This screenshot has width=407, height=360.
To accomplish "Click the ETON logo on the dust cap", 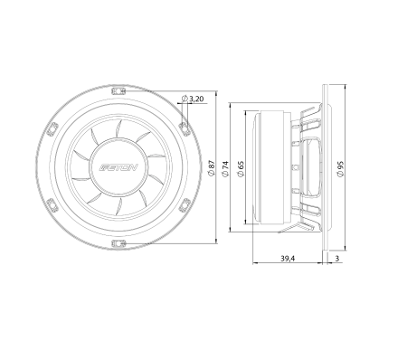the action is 118,167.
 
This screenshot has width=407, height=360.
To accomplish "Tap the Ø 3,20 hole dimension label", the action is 193,99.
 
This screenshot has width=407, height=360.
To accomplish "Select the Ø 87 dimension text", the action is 212,167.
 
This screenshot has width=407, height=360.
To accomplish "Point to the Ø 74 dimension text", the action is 225,168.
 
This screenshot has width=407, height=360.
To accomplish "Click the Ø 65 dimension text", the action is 241,168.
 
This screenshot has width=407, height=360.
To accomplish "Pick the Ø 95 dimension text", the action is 340,168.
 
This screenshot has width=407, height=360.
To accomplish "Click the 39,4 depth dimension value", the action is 288,259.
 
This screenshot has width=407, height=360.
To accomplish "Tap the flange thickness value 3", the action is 337,259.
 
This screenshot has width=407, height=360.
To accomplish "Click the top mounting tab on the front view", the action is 118,91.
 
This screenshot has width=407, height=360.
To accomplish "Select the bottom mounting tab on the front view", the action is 118,243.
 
